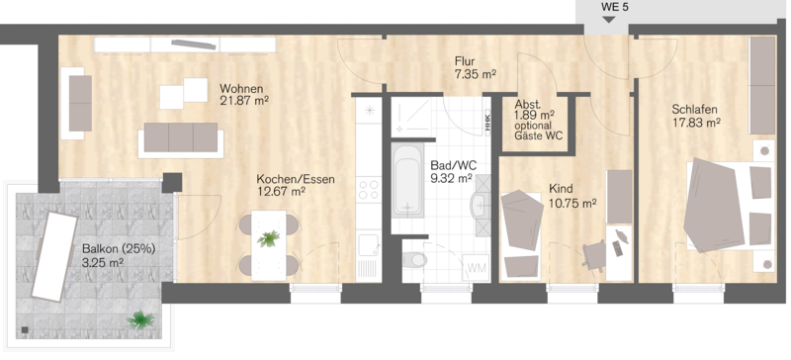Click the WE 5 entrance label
point(614,7)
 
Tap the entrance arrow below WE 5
point(609,19)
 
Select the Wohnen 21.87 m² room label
point(243,94)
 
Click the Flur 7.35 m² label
point(476,68)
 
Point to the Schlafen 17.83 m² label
point(695,116)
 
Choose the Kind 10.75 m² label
point(572,196)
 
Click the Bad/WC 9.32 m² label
point(453,171)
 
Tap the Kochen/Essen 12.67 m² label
point(296,185)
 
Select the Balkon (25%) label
point(119,248)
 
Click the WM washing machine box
point(475,268)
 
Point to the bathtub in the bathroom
point(407,180)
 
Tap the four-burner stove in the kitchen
point(368,190)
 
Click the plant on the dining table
point(268,238)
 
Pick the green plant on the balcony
point(140,319)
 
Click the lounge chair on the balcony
point(54,256)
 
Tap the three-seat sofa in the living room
point(181,138)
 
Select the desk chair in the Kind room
point(595,254)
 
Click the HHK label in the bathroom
point(487,124)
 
